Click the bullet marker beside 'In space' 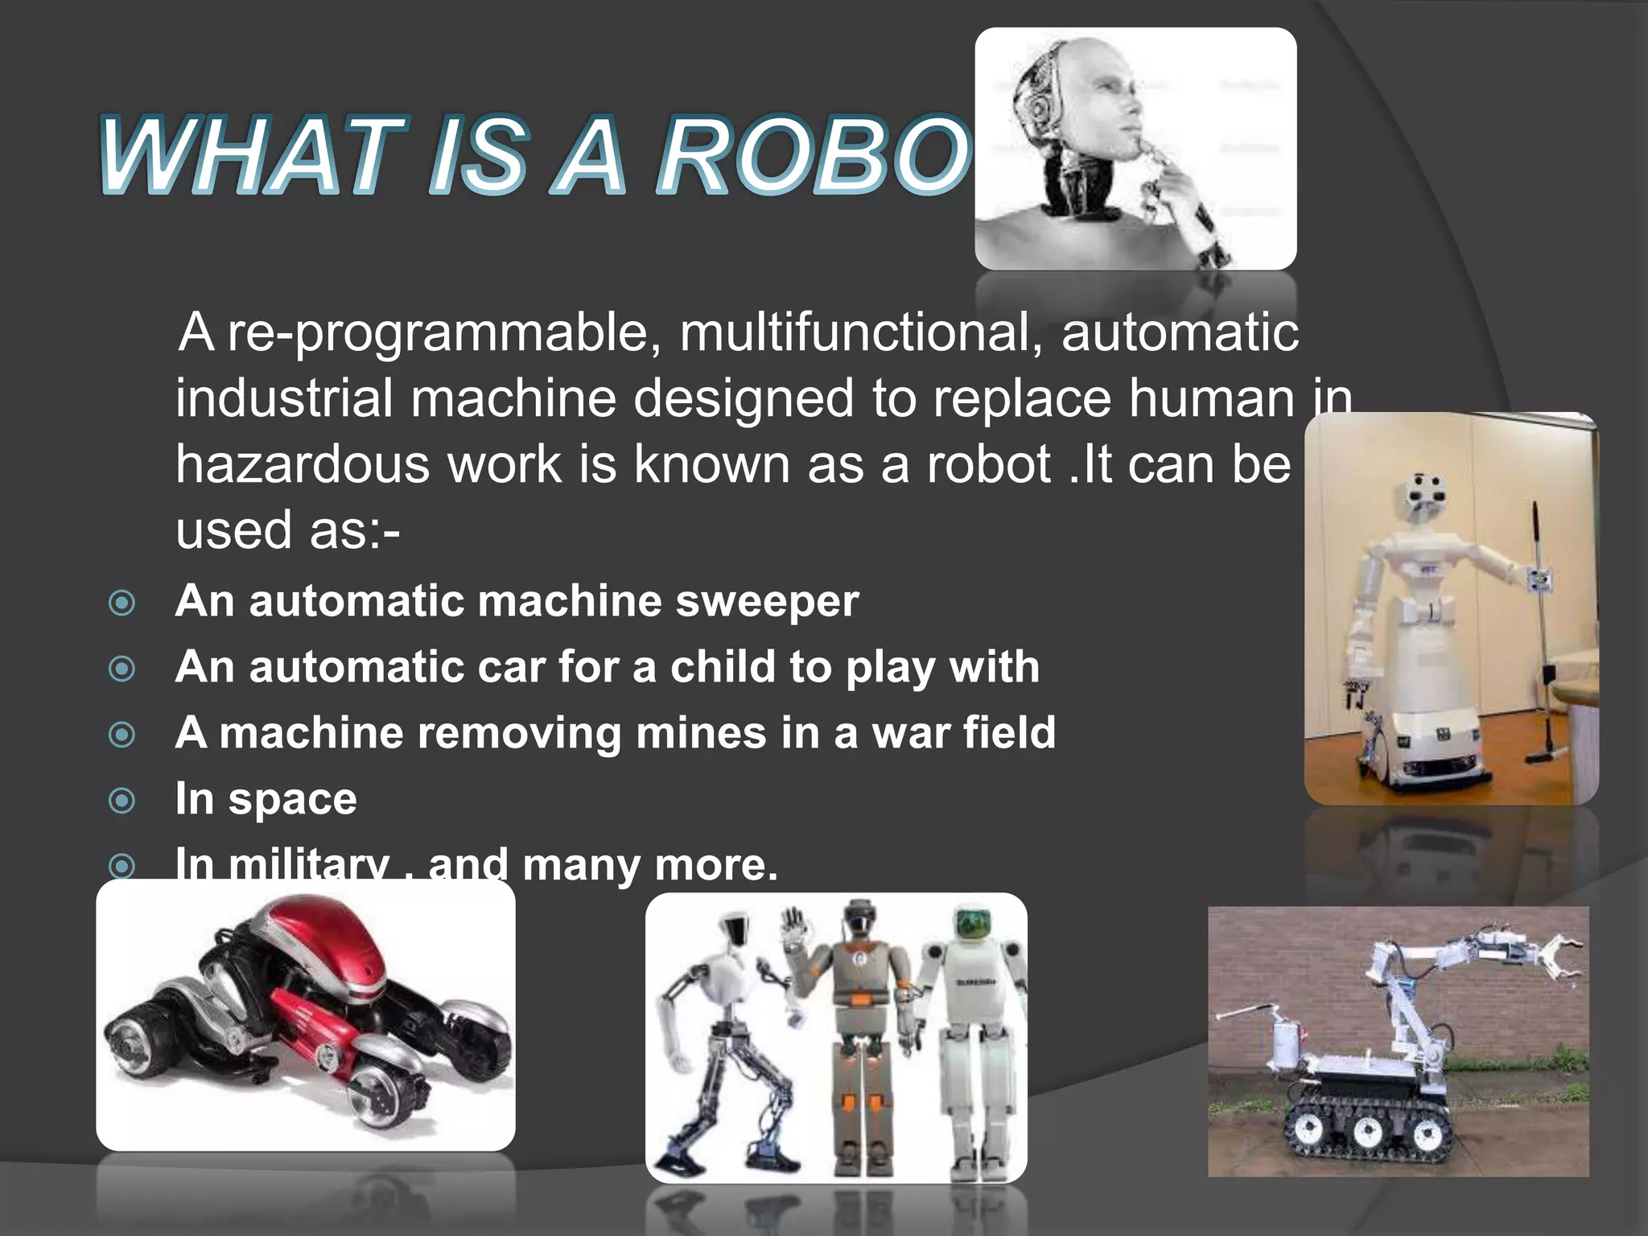click(122, 801)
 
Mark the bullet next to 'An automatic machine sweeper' click(122, 603)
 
